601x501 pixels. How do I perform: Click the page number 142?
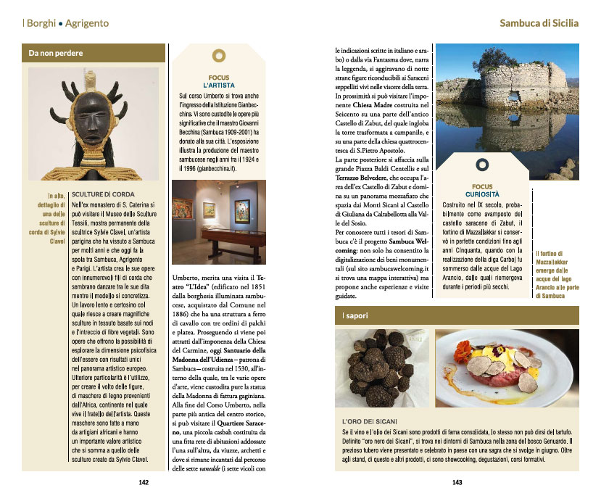[x=144, y=481]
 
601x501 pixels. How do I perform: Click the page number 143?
[x=457, y=481]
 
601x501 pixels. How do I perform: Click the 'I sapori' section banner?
[x=457, y=316]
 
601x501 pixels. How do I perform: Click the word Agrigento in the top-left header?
[x=87, y=23]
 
